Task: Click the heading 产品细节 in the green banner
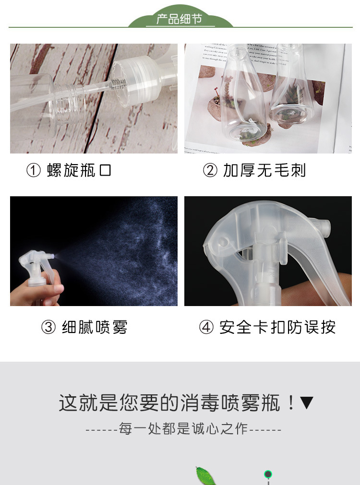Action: tap(180, 20)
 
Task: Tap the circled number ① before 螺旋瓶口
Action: tap(34, 170)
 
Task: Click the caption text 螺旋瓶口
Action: tap(79, 170)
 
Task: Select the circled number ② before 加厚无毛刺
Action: tap(210, 170)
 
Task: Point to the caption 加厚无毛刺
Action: tap(264, 170)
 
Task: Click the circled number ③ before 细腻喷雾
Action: tap(48, 328)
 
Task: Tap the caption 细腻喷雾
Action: tap(95, 328)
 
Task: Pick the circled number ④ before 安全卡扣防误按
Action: tap(206, 328)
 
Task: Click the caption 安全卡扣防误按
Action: tap(277, 328)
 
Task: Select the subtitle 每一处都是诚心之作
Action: tap(183, 429)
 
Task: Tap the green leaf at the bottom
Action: tap(206, 476)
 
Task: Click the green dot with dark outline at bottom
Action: tap(268, 475)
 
